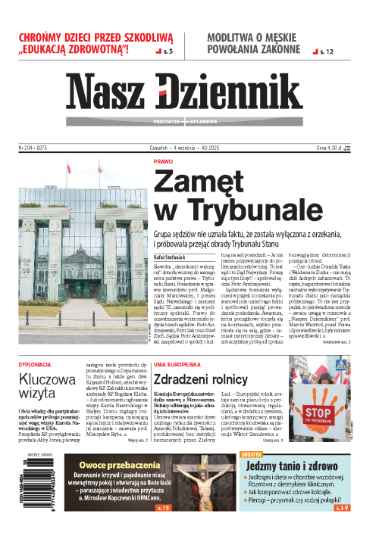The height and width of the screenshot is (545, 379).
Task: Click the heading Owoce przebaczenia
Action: (x=113, y=466)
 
